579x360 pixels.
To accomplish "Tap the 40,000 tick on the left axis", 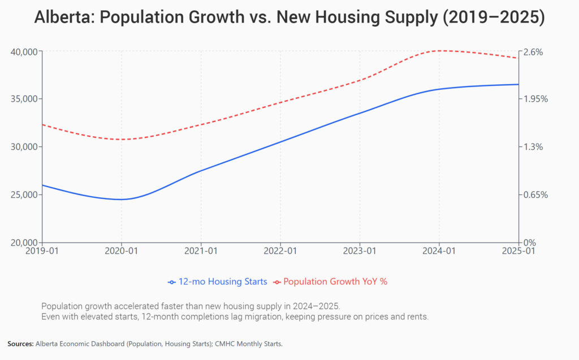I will coord(24,51).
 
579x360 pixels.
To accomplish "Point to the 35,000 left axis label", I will coord(24,99).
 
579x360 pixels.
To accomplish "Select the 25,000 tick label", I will coord(24,195).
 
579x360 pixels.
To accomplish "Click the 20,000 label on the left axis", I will coord(24,242).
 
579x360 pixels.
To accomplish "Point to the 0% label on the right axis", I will coord(530,242).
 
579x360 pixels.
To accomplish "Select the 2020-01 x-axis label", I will coord(122,250).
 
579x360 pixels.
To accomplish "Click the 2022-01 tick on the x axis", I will coord(280,250).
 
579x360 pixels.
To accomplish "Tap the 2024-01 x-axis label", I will coord(439,250).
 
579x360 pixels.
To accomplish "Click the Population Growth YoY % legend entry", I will coord(335,281).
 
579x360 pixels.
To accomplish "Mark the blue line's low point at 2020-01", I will coord(122,199).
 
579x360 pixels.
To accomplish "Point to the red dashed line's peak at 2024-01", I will coord(439,50).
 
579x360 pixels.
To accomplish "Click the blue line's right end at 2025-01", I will coord(518,84).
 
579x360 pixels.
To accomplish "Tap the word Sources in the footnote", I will coord(20,344).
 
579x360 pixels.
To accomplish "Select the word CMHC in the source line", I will coord(237,344).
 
